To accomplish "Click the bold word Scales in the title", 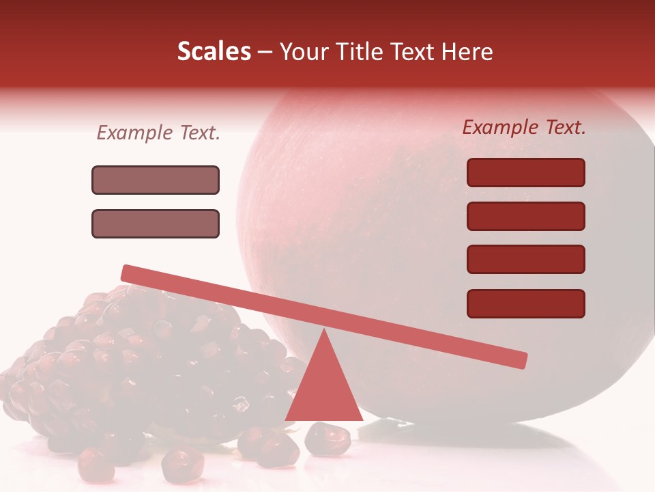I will tap(214, 51).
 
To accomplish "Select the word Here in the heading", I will tap(467, 52).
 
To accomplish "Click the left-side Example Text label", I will tap(158, 133).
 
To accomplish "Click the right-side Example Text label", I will tap(524, 127).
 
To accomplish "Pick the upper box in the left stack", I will tap(156, 180).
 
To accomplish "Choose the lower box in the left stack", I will tap(156, 223).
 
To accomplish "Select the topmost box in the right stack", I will tap(525, 172).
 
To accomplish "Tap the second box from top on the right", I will tap(525, 216).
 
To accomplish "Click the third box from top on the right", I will tap(525, 259).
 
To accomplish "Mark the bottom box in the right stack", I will tap(525, 303).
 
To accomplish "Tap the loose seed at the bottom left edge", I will tap(96, 465).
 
